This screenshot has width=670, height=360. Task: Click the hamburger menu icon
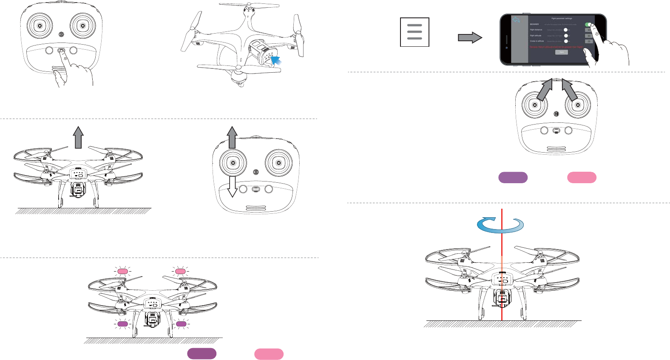tap(414, 32)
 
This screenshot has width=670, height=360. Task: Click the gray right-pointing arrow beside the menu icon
tap(470, 38)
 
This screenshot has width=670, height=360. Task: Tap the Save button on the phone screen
tap(562, 52)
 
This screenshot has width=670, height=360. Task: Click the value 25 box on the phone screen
tap(589, 41)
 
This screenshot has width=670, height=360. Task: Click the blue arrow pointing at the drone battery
tap(276, 61)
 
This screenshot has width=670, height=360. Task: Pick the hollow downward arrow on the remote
tap(232, 187)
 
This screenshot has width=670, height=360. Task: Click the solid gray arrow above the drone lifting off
tap(78, 137)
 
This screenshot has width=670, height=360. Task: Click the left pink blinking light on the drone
tap(122, 271)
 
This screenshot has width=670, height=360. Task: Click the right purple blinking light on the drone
tap(181, 324)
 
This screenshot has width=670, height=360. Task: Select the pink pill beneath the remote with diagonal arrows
tap(582, 178)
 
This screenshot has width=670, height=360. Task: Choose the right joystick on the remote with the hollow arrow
tap(278, 163)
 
